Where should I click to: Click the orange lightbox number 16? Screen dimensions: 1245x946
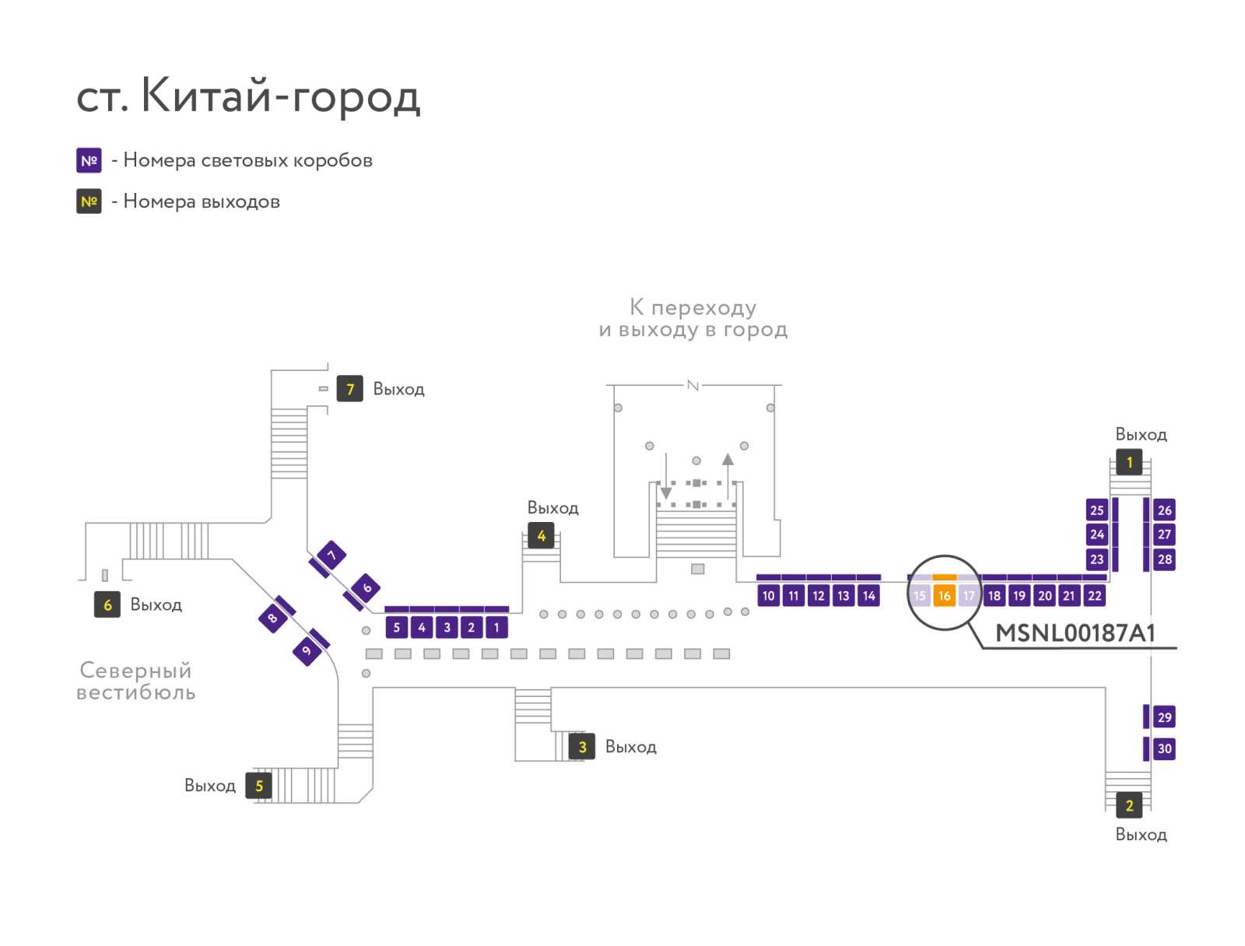[944, 596]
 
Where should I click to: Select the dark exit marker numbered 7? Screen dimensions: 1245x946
[349, 389]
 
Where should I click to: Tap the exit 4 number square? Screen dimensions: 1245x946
[541, 536]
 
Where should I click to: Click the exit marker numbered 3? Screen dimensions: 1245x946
[582, 747]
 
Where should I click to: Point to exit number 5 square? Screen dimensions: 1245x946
[258, 786]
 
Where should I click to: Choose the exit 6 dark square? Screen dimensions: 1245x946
[107, 604]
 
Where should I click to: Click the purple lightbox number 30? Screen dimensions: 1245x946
[1164, 748]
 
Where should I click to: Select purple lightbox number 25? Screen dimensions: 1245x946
[1096, 510]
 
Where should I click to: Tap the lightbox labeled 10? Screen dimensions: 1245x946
[768, 596]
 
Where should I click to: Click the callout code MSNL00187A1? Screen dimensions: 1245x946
[1075, 633]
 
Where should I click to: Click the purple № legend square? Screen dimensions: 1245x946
[89, 160]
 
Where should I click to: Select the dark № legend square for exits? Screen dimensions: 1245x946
[89, 201]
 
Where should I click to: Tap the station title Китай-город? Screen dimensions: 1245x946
[280, 95]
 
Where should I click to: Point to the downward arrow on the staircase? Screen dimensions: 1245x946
[666, 475]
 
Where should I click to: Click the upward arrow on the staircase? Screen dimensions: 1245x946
[728, 475]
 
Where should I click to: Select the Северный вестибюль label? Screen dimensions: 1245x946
[136, 681]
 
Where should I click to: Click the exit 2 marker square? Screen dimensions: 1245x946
[1129, 805]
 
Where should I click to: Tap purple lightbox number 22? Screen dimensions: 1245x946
[1094, 596]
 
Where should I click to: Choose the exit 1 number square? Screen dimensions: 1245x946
[1129, 462]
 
